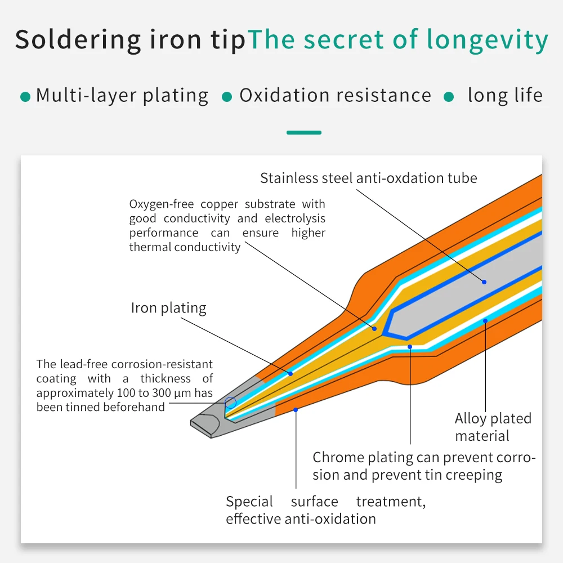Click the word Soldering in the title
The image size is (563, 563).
(78, 40)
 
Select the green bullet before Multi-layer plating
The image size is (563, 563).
(25, 97)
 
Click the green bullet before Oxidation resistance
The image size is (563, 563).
(227, 97)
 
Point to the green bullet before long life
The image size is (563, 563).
(449, 97)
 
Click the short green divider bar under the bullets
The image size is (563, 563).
(304, 132)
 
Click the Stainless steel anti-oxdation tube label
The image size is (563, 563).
(369, 178)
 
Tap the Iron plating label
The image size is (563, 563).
(168, 308)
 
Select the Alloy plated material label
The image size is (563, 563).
(493, 427)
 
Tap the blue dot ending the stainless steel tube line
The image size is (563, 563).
(484, 282)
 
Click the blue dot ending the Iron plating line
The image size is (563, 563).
(291, 374)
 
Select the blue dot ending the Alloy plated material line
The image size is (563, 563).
(485, 321)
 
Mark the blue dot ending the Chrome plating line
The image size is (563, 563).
(410, 347)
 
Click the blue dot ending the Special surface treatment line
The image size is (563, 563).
(296, 410)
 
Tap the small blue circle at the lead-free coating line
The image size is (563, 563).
(230, 397)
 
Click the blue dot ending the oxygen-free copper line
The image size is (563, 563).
(374, 329)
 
